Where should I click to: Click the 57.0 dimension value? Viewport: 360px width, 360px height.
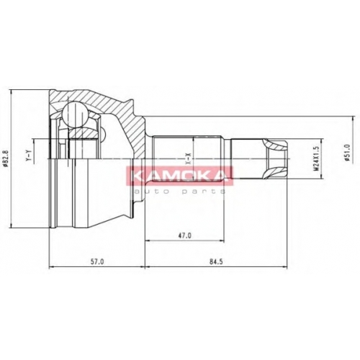click(96, 261)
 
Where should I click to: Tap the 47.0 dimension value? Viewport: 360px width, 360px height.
click(184, 235)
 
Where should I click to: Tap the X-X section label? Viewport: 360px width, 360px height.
click(189, 159)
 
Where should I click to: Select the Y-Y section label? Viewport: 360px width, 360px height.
click(29, 155)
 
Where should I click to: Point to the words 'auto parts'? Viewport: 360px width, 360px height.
click(179, 192)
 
